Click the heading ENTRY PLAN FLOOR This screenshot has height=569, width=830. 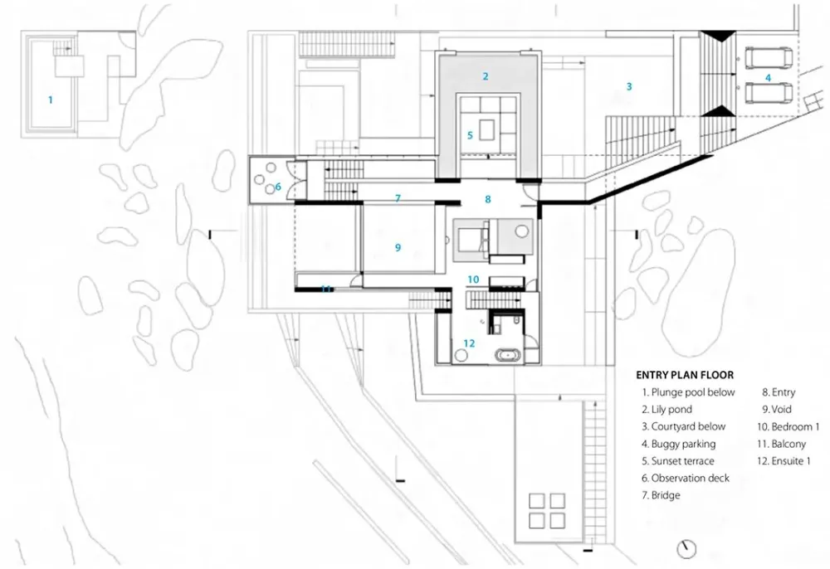[x=685, y=375]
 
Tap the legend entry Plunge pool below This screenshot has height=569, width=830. [x=688, y=392]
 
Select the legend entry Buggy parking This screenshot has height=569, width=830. [x=679, y=444]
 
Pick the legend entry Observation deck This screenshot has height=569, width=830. [x=687, y=479]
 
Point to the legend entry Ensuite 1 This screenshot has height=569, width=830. [x=784, y=461]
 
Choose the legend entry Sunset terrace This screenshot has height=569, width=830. [x=677, y=461]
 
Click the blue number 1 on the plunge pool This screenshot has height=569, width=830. [x=51, y=100]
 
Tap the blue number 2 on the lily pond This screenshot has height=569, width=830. [x=486, y=76]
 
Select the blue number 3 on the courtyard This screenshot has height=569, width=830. [x=629, y=86]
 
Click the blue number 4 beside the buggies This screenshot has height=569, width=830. [x=768, y=77]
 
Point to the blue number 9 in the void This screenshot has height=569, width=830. [x=398, y=247]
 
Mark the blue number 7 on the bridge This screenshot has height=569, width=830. [x=398, y=198]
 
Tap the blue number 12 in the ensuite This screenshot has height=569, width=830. [x=469, y=343]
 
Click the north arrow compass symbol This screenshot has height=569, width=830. [x=686, y=548]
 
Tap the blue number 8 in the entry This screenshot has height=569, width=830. [x=488, y=199]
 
